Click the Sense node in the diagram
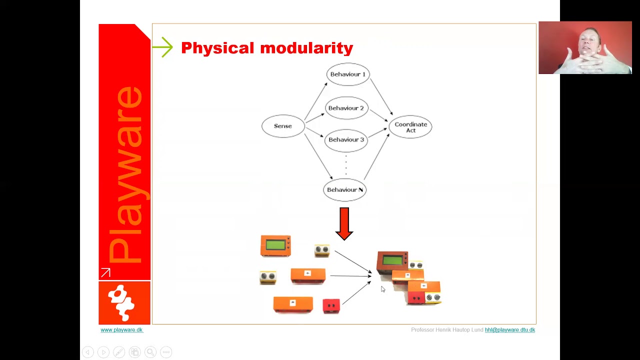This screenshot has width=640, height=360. (x=283, y=126)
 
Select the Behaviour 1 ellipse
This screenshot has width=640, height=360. (x=348, y=74)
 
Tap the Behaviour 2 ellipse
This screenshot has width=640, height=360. (x=347, y=108)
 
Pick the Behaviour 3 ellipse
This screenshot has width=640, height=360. (x=346, y=139)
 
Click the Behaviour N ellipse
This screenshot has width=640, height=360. (x=345, y=190)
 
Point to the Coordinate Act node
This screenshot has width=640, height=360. (x=410, y=127)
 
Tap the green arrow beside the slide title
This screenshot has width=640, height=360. (x=162, y=47)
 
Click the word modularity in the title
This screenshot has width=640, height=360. (x=306, y=48)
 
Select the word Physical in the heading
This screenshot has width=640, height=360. (x=217, y=48)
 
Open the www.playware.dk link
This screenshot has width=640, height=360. (x=121, y=330)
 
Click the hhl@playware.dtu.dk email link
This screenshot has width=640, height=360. (x=509, y=330)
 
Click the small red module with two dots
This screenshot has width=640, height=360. (x=331, y=305)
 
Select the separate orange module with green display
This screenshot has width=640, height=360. (x=275, y=246)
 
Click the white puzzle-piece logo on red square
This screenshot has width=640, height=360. (x=123, y=302)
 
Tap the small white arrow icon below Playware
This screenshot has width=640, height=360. (x=105, y=273)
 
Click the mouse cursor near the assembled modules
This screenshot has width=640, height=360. (x=383, y=289)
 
